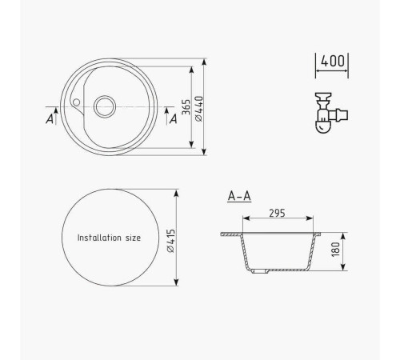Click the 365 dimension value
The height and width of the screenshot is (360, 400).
click(186, 107)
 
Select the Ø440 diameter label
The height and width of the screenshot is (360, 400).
click(199, 109)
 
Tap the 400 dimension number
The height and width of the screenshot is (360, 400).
click(332, 61)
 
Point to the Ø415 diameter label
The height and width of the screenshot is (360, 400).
click(170, 241)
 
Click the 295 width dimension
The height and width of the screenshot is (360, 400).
click(277, 214)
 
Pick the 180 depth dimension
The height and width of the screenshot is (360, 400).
click(336, 250)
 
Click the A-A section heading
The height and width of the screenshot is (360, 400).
click(239, 196)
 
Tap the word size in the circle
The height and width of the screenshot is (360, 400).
click(133, 238)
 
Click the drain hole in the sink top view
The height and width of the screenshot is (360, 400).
click(105, 106)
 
